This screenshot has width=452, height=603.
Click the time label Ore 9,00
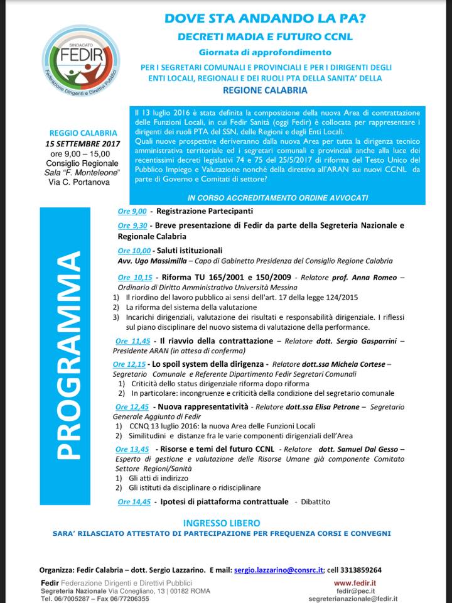[x=132, y=211]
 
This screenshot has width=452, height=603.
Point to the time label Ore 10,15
[x=134, y=277]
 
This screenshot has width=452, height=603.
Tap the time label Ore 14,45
[x=134, y=502]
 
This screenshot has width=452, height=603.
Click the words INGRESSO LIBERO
[x=221, y=523]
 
